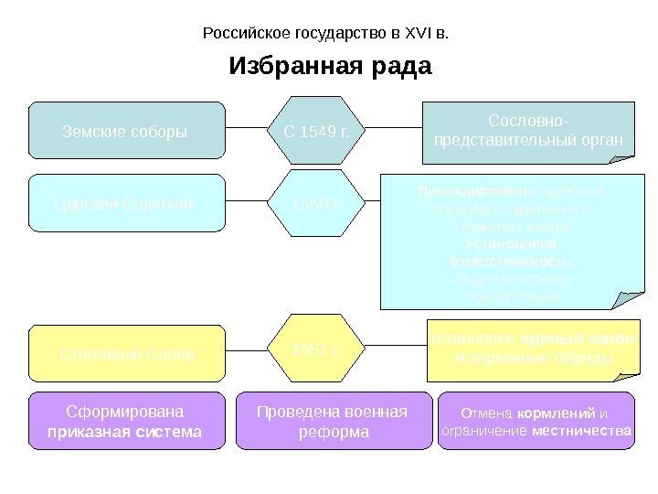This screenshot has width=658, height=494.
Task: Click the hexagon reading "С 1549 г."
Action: pos(316,131)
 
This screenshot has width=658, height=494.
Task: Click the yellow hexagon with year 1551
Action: pos(316,350)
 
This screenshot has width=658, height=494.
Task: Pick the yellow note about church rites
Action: pos(533,349)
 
